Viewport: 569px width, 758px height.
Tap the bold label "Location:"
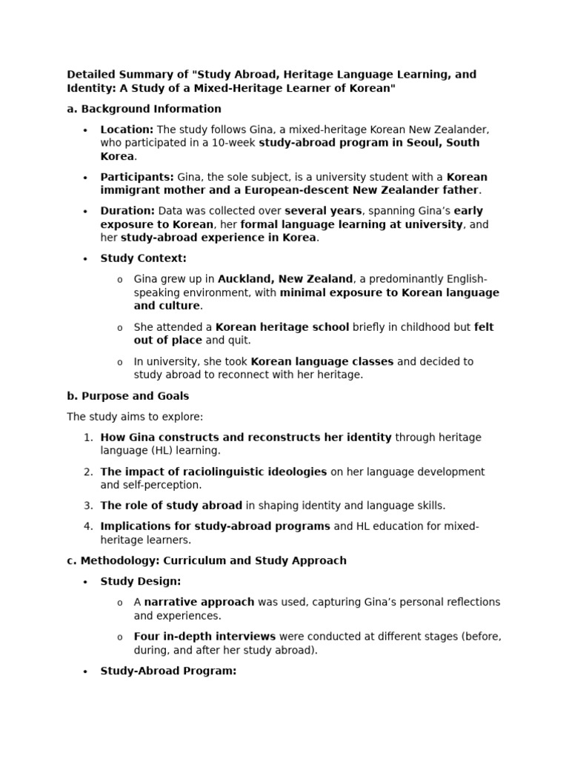tap(127, 130)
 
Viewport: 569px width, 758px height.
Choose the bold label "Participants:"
tap(137, 177)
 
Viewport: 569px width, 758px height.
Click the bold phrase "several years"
tap(323, 211)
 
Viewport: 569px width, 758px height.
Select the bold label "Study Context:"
tap(143, 258)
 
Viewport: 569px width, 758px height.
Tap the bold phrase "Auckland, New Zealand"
tap(285, 279)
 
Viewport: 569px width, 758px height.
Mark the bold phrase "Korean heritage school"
tap(282, 326)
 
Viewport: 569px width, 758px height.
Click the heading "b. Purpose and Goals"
tap(128, 396)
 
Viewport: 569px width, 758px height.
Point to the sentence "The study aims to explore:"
tap(134, 417)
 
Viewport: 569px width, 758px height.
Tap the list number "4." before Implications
tap(88, 526)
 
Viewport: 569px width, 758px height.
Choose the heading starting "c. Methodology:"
tap(207, 560)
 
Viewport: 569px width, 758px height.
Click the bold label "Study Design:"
tap(140, 581)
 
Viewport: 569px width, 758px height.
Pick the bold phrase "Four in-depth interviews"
tap(204, 636)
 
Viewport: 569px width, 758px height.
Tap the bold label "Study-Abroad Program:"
tap(168, 671)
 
